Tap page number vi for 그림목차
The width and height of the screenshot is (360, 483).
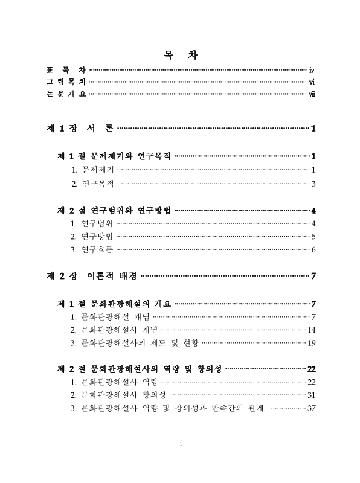click(x=311, y=82)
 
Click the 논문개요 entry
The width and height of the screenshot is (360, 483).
click(x=66, y=94)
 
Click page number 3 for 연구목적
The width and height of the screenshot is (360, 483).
click(x=314, y=183)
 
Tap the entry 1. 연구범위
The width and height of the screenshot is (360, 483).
click(x=91, y=223)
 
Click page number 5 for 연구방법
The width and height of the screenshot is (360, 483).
click(x=314, y=236)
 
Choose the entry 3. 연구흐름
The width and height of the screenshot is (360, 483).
click(x=91, y=249)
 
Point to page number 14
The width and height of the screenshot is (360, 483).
click(x=312, y=330)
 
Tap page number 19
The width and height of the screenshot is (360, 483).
click(x=312, y=343)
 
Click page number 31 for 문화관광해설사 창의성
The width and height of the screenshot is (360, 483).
click(x=312, y=395)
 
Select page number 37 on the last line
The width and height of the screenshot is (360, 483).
click(x=312, y=408)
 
